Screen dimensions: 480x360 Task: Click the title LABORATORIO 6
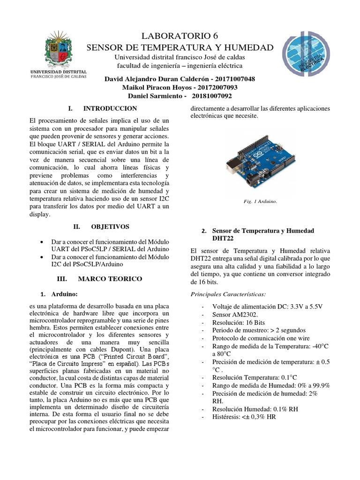tap(180, 36)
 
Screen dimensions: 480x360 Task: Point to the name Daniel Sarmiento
tap(153, 96)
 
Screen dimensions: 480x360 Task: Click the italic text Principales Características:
tap(229, 294)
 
